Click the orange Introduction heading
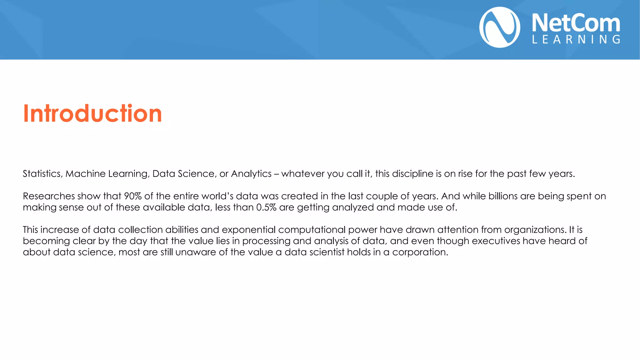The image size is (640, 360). point(92,113)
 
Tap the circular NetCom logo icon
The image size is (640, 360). point(500,27)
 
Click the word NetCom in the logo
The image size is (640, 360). point(576,23)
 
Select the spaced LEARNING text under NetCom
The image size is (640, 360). point(576,39)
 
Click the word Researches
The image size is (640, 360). point(49,196)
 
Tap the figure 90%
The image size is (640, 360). point(133,196)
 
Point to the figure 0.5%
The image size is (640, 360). point(266,207)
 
